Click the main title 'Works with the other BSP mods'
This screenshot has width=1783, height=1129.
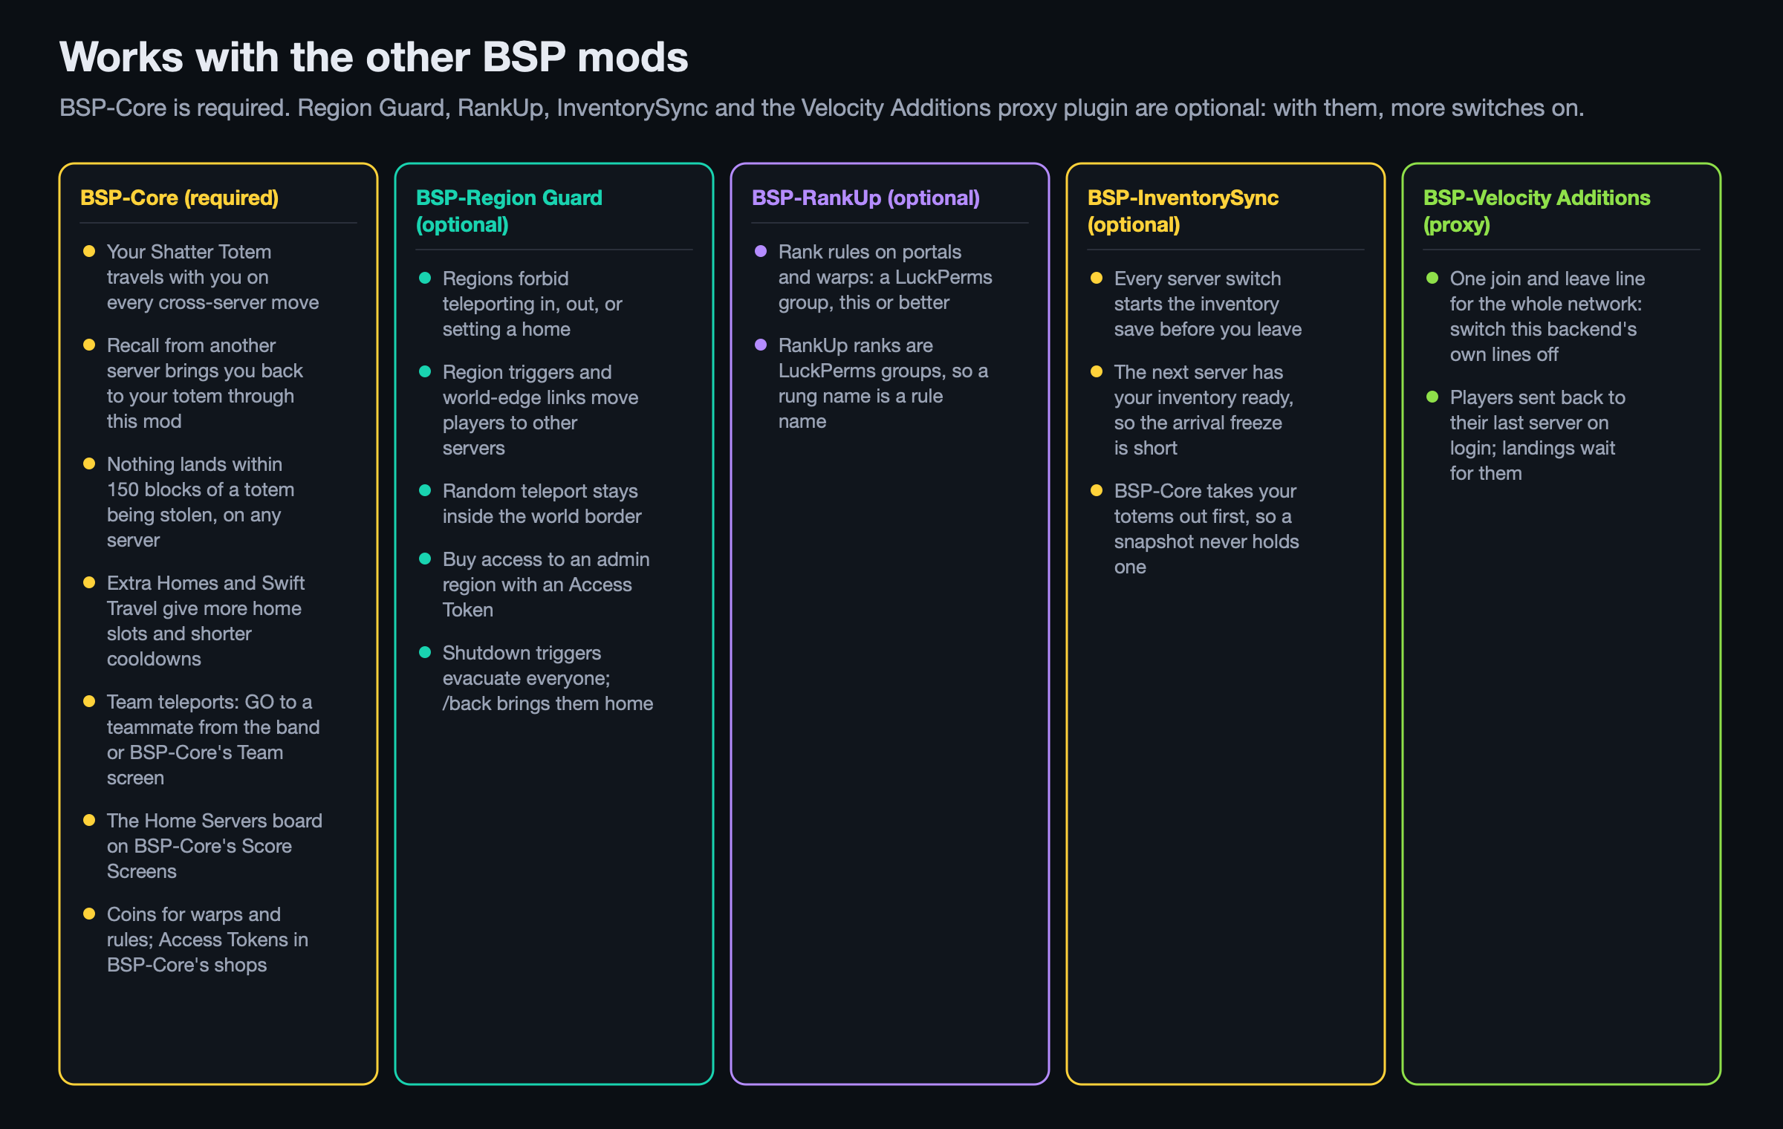(374, 57)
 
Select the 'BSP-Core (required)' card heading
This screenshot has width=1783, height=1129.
(179, 198)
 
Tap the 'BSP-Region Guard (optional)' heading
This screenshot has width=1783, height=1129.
(509, 211)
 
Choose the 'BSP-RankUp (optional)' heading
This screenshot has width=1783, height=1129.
(865, 198)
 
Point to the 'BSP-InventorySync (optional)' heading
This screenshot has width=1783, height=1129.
(1183, 211)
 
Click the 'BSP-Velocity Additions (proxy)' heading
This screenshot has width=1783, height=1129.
(1536, 211)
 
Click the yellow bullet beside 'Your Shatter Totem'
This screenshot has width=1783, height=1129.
(89, 251)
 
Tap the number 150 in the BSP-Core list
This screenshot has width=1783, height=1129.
(123, 489)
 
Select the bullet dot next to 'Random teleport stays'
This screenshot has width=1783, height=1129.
(425, 490)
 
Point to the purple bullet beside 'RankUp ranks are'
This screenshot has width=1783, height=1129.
(761, 345)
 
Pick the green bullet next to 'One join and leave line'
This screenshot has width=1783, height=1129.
(1432, 278)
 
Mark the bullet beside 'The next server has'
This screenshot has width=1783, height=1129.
(1097, 371)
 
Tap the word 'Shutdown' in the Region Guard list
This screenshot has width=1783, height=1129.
(484, 653)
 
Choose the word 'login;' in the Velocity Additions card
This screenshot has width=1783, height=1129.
(1472, 449)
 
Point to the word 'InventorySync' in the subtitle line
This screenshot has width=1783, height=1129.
(632, 108)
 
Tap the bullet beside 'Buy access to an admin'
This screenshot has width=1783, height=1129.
(425, 559)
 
